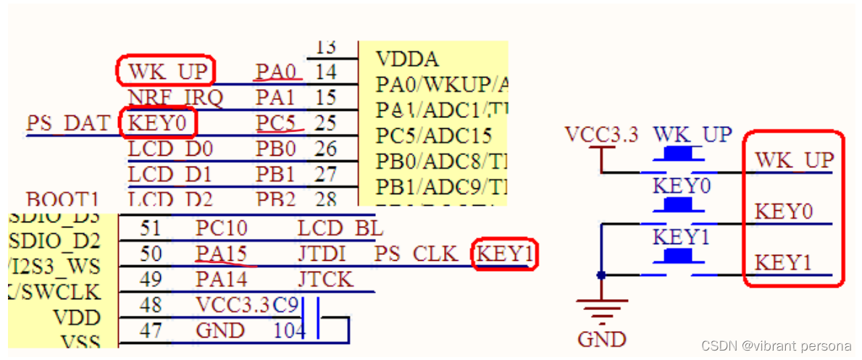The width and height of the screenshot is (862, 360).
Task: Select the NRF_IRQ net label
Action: pyautogui.click(x=170, y=97)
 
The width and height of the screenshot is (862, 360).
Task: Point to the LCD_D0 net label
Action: pyautogui.click(x=170, y=150)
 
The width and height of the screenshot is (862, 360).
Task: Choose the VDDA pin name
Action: pyautogui.click(x=407, y=59)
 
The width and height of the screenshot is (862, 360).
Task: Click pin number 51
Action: pyautogui.click(x=150, y=228)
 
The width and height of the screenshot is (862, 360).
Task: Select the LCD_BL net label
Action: pyautogui.click(x=340, y=228)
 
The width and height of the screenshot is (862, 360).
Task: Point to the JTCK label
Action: pyautogui.click(x=325, y=280)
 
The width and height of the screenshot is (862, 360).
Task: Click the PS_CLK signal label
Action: pyautogui.click(x=416, y=254)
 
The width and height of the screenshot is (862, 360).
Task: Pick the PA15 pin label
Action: pyautogui.click(x=221, y=254)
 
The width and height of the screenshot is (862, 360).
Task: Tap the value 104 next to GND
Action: pyautogui.click(x=288, y=331)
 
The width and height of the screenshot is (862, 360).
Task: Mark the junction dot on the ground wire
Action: pyautogui.click(x=601, y=275)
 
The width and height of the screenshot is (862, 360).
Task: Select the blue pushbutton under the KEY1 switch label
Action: pyautogui.click(x=679, y=256)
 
